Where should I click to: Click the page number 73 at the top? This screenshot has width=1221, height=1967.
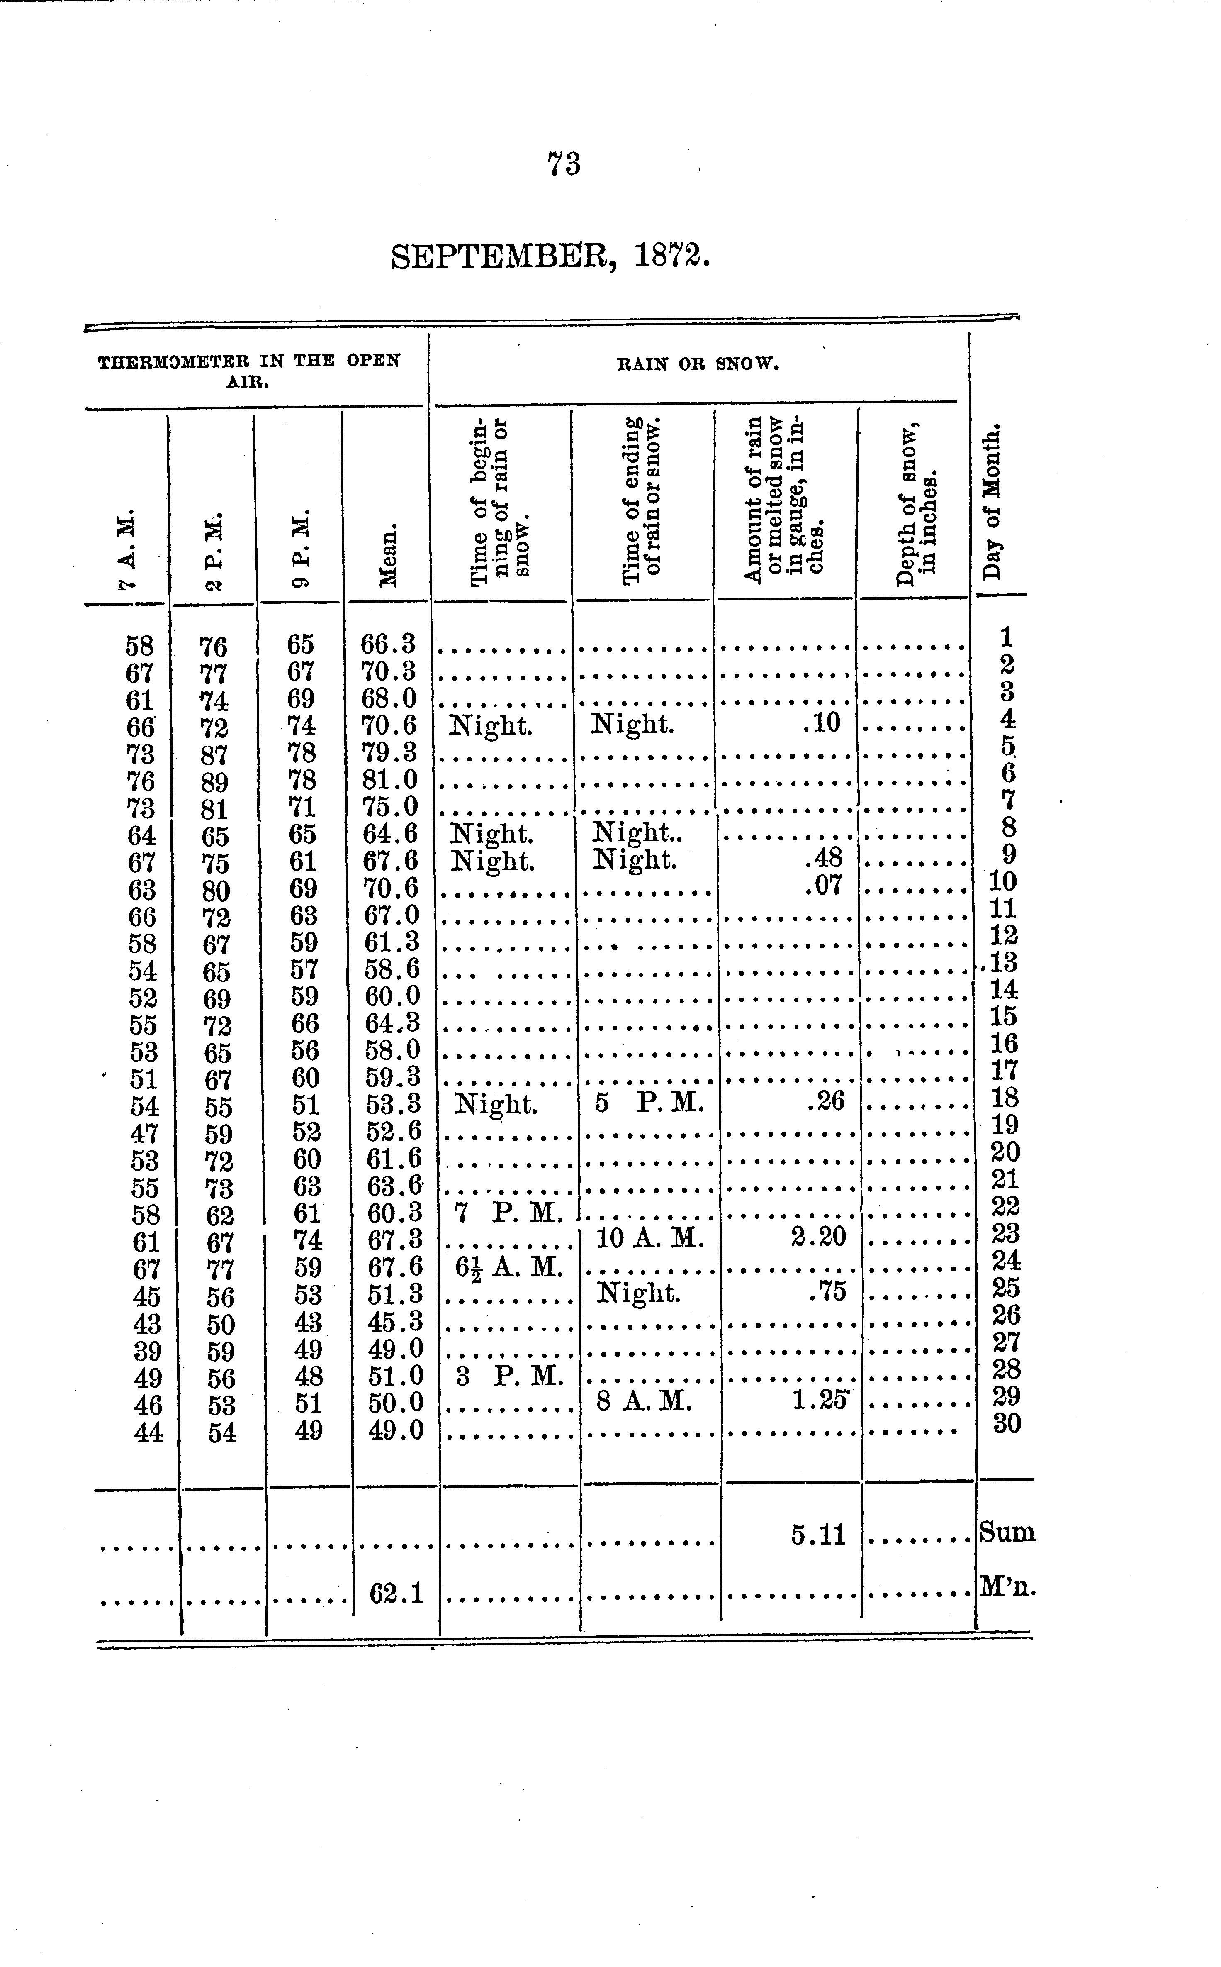pyautogui.click(x=564, y=164)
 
